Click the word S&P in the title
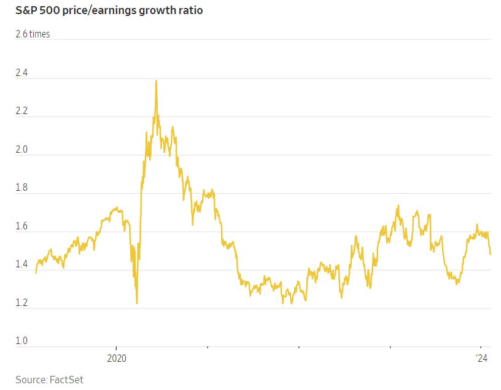[x=27, y=10]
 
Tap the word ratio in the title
[x=188, y=10]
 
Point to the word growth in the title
[x=153, y=11]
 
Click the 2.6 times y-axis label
[x=33, y=34]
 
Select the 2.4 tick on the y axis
[x=22, y=73]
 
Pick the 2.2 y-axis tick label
[x=22, y=111]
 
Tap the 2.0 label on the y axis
[x=22, y=150]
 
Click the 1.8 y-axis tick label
[x=22, y=188]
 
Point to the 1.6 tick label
[x=22, y=226]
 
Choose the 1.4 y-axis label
[x=22, y=264]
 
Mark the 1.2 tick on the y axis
[x=22, y=303]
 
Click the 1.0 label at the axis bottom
[x=22, y=341]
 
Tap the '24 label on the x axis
[x=482, y=358]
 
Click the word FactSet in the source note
[x=66, y=380]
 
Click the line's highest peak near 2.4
[x=156, y=81]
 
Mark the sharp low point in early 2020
[x=136, y=303]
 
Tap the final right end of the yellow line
[x=490, y=254]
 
